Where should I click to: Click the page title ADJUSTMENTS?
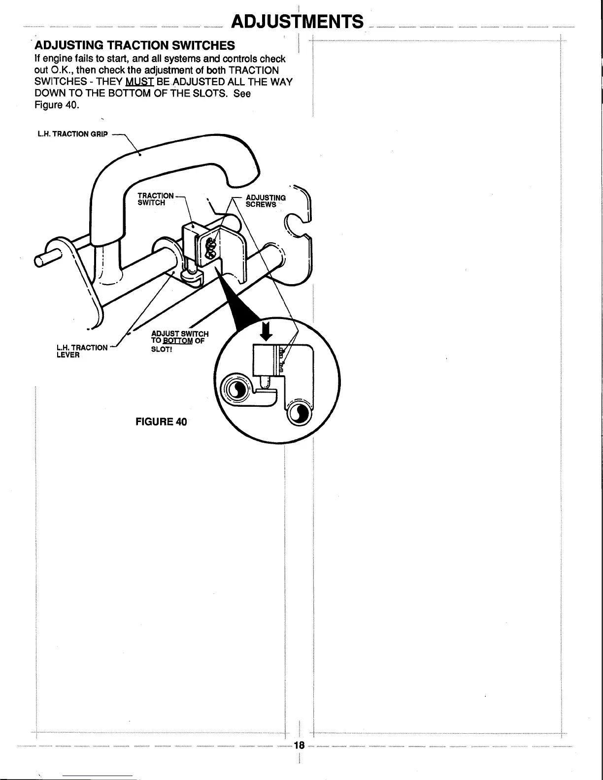(x=298, y=22)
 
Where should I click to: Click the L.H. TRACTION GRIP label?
(x=70, y=134)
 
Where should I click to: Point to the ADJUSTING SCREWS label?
(x=265, y=201)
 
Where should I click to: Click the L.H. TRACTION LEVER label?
(x=82, y=351)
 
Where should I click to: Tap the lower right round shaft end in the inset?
(x=299, y=414)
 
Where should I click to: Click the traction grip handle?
(x=172, y=162)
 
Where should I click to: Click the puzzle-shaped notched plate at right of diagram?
(x=296, y=231)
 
